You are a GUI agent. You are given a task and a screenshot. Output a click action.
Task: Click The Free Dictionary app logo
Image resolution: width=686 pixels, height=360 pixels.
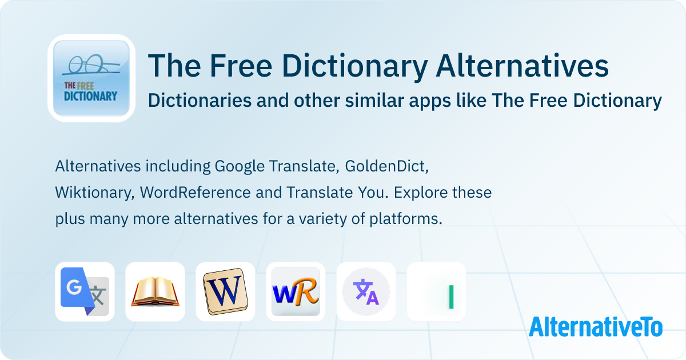[x=91, y=78]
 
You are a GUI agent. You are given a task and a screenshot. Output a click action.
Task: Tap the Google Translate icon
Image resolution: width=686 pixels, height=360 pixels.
[x=85, y=291]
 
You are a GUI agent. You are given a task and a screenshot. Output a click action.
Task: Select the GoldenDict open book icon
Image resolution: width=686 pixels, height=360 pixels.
[x=155, y=291]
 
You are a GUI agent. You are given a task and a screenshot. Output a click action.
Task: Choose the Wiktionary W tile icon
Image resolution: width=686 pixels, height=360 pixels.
[x=225, y=291]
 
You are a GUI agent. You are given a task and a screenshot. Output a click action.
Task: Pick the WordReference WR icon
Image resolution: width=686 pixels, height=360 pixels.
[x=296, y=291]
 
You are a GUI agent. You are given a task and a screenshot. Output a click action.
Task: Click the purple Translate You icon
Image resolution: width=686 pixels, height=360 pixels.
[x=366, y=291]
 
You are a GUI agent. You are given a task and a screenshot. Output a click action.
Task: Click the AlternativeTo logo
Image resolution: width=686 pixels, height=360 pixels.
[x=596, y=327]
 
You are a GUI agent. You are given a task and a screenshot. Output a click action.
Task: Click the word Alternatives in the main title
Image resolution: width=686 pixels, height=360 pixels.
[x=522, y=66]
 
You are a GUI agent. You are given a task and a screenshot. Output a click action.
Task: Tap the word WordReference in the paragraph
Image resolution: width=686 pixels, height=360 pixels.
[x=196, y=193]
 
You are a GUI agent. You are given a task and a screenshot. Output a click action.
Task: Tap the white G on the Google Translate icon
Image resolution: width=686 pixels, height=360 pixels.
[x=74, y=287]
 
